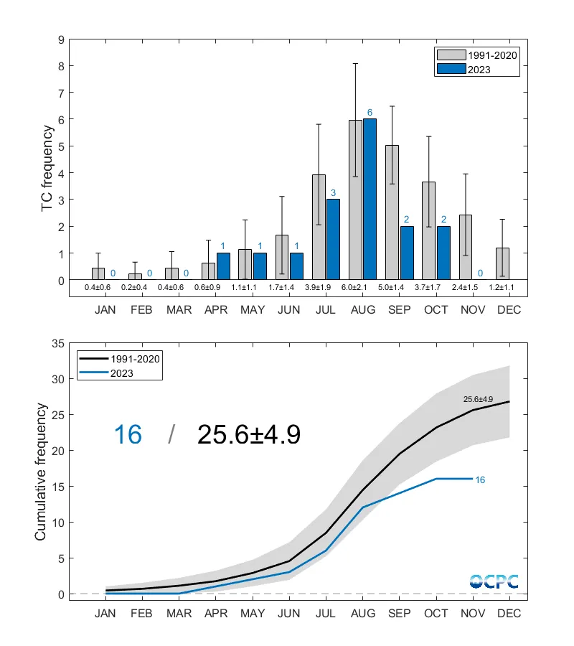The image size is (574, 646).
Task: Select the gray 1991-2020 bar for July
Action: pos(319,227)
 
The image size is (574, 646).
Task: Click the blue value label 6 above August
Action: pos(370,113)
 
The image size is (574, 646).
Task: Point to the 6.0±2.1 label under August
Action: pos(362,288)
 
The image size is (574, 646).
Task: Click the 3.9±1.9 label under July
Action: pos(326,288)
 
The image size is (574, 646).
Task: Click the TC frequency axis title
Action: pos(47,169)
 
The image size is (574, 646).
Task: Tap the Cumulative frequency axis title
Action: pos(41,472)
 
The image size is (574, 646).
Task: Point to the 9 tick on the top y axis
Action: pos(60,39)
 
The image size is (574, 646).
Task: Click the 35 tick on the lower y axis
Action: pos(57,343)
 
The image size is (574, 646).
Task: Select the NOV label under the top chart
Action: pos(472,310)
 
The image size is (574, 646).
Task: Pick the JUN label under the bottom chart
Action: pos(289,614)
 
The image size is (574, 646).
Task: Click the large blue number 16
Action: pos(128,434)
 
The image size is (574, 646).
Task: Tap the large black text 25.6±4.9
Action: pos(248,434)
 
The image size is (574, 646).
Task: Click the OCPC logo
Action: pos(494,581)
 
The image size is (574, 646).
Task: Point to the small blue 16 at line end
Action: pos(481,479)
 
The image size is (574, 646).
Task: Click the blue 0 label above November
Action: pos(479,273)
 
